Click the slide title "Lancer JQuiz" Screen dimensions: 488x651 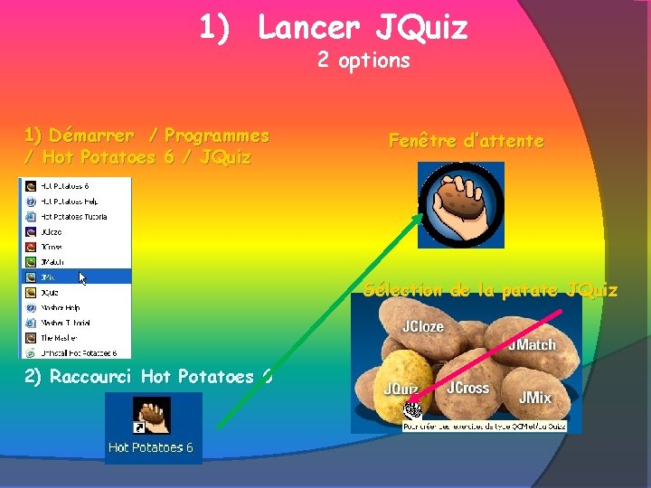tap(363, 28)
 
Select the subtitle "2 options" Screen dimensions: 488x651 tap(363, 61)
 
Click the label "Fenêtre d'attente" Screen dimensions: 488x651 tap(466, 141)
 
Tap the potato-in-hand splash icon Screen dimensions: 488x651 tap(460, 205)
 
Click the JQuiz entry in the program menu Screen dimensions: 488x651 tap(50, 293)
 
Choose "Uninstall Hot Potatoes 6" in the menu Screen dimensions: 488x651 tap(77, 352)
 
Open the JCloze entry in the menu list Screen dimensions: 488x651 tap(52, 231)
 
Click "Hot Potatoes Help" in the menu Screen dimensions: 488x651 tap(68, 202)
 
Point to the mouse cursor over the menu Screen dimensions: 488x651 tap(83, 278)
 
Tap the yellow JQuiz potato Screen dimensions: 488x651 tap(398, 380)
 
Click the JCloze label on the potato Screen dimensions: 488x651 tap(422, 326)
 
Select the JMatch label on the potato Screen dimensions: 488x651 tap(531, 344)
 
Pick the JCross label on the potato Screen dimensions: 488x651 tap(467, 388)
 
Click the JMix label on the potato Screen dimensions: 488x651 tap(534, 397)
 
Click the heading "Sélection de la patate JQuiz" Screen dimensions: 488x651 tap(491, 290)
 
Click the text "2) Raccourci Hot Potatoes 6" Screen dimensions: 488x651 tap(148, 377)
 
